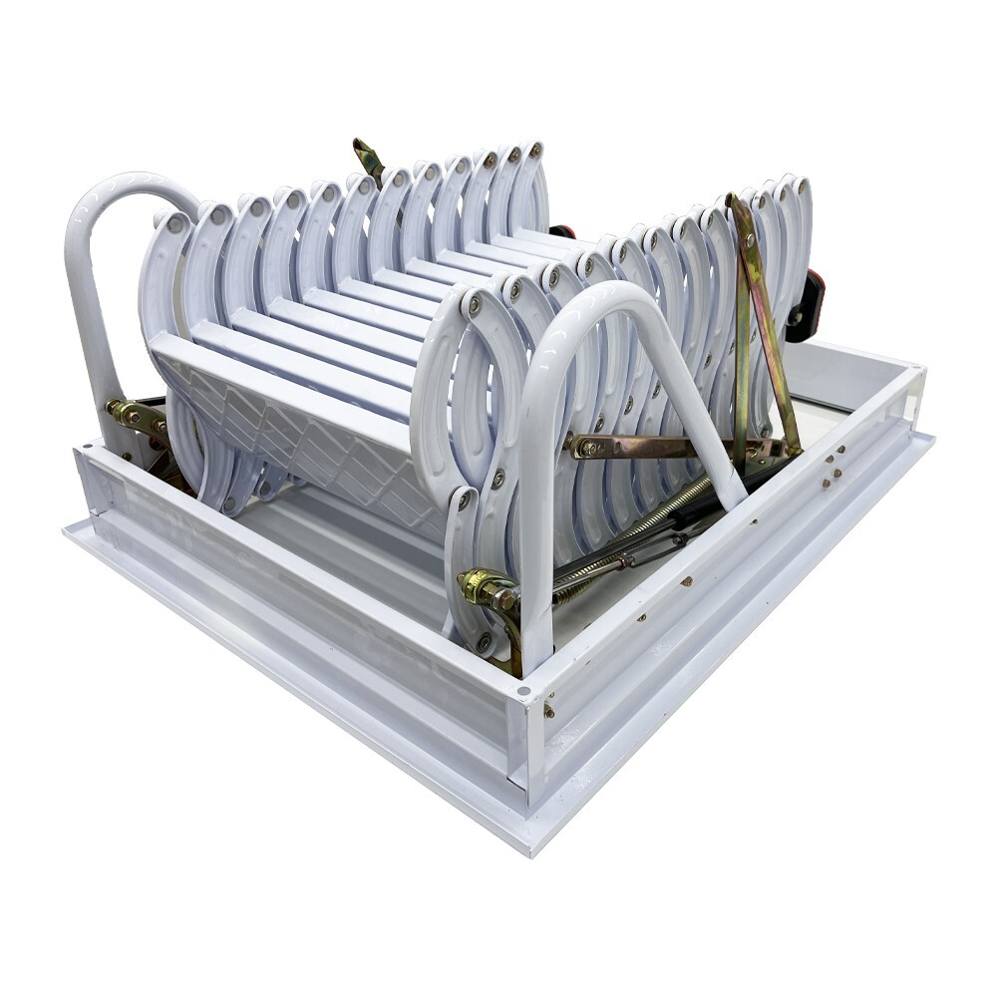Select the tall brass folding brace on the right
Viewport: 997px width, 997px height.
(763, 319)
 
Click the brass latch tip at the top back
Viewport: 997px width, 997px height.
(367, 157)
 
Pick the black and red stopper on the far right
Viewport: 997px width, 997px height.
(810, 304)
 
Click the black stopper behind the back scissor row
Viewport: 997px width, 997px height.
(562, 231)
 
